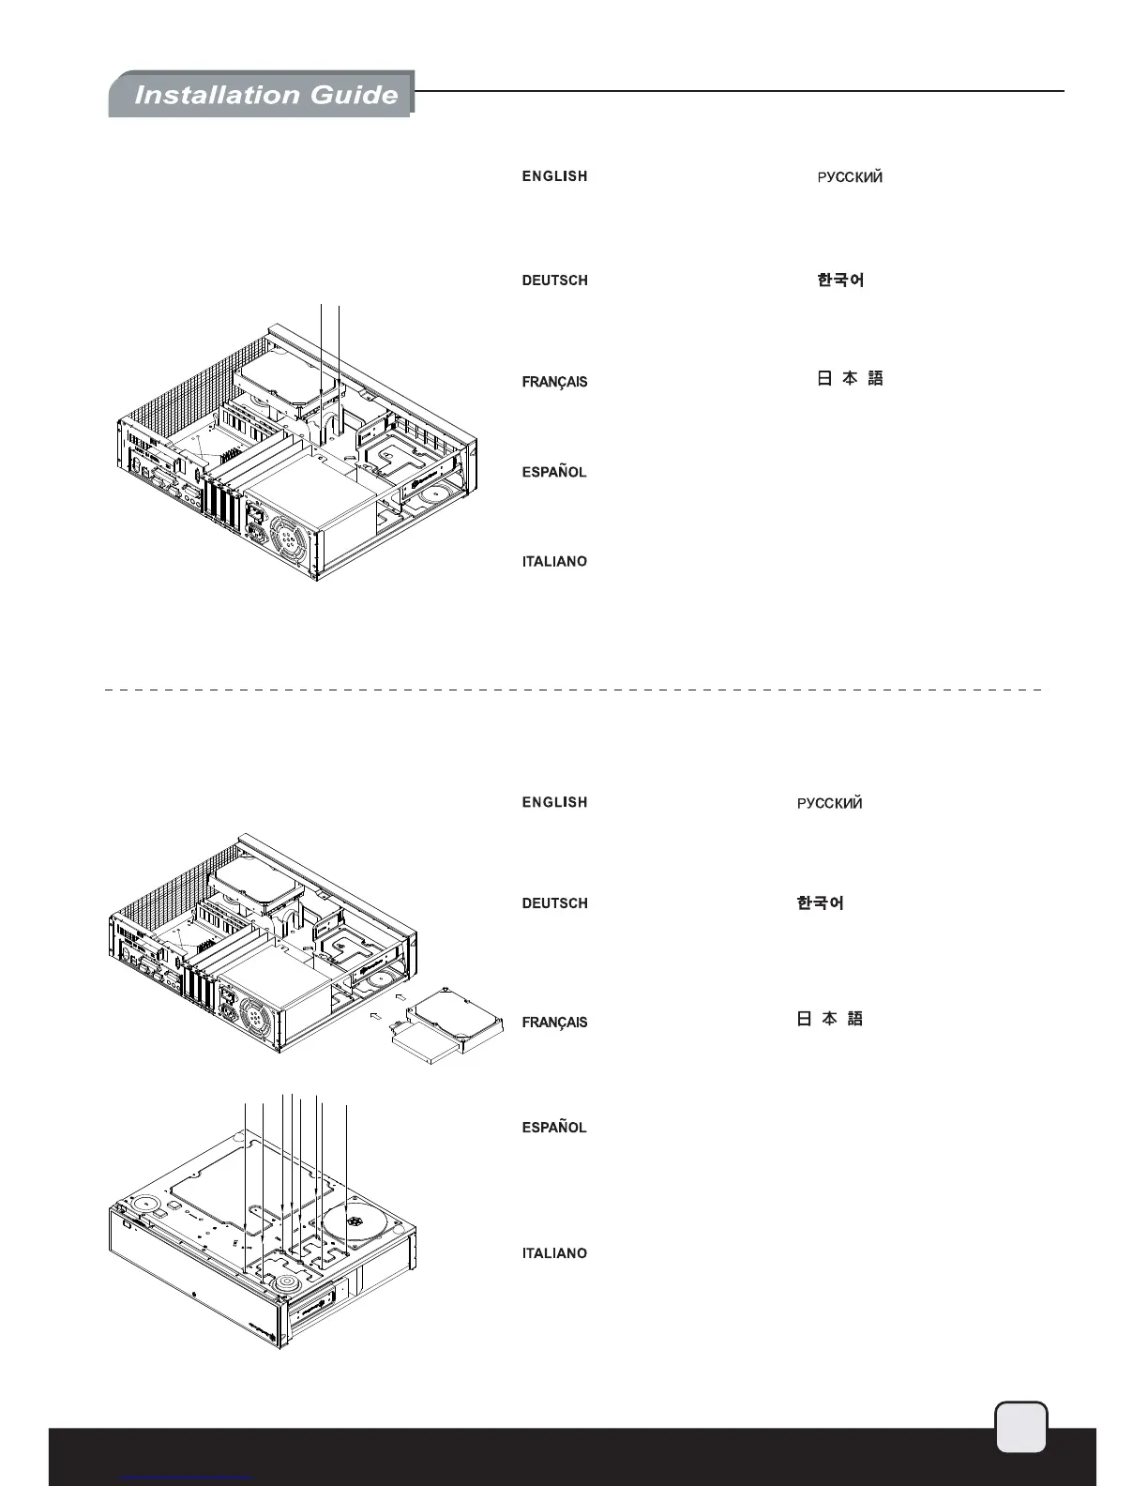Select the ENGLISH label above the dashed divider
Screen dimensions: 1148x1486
pos(554,176)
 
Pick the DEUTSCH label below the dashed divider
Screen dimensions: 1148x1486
pos(554,903)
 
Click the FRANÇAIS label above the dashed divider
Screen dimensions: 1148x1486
pos(554,382)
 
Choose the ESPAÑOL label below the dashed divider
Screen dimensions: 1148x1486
pos(554,1128)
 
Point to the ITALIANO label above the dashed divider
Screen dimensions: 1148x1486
pos(554,561)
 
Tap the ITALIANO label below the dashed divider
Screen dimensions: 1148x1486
pos(554,1253)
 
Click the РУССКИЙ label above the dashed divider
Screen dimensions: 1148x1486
pos(850,177)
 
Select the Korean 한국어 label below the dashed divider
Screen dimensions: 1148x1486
pos(820,903)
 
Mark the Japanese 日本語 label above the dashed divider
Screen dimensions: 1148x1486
pos(850,379)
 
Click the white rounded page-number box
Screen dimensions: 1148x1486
pos(1020,1427)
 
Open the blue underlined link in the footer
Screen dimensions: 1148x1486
pos(188,1478)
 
